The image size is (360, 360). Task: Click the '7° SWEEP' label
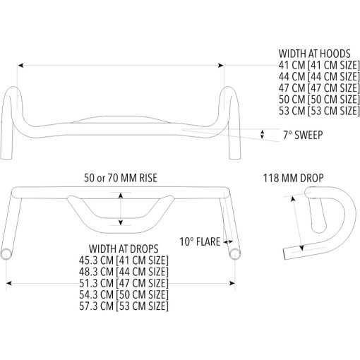coord(303,135)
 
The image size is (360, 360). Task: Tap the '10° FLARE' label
coord(200,241)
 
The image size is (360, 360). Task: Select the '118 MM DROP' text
coord(294,178)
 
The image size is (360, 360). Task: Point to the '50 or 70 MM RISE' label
coord(121,178)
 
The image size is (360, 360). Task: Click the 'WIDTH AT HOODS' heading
coord(315,54)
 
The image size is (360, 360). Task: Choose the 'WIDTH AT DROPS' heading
coord(124,248)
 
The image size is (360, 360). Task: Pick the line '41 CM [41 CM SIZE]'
coord(319,65)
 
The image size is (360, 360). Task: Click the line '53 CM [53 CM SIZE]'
coord(319,111)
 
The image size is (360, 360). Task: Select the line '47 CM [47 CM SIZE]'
coord(319,88)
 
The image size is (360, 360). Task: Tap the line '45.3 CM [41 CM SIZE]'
coord(124,260)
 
